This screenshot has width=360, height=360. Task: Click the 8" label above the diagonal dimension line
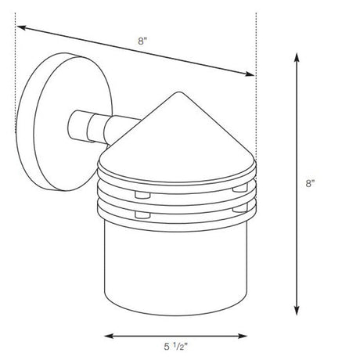tap(142, 41)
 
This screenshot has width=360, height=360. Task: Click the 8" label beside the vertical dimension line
tap(310, 183)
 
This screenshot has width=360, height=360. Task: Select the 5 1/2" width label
tap(176, 347)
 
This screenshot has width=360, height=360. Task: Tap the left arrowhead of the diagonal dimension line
tap(22, 27)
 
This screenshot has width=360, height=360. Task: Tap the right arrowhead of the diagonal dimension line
tap(249, 74)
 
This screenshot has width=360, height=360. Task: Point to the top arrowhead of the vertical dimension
tap(297, 57)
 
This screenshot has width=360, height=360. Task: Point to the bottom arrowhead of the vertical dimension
tap(297, 310)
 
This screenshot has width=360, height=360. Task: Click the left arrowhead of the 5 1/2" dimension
tap(109, 336)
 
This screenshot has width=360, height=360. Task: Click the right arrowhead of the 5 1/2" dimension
tap(243, 336)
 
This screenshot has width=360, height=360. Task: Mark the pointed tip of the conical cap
tap(179, 92)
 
